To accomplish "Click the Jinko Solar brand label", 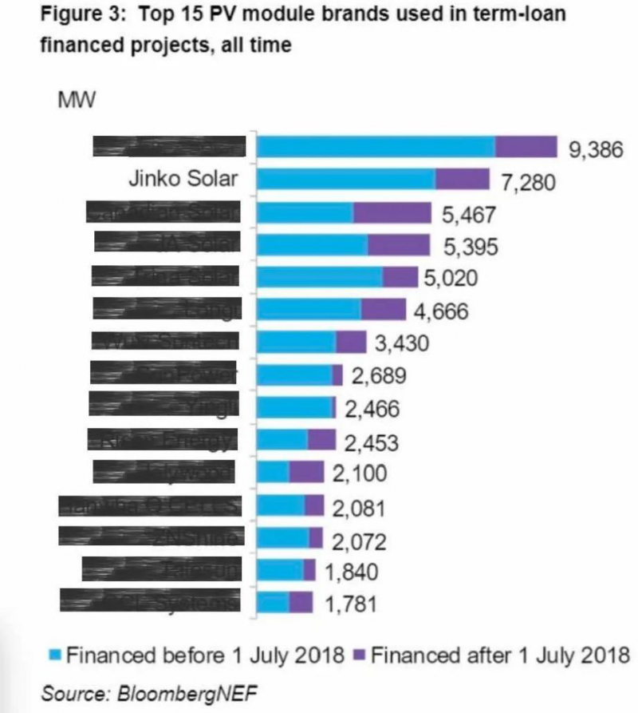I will pos(183,178).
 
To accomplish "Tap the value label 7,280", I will pos(527,181).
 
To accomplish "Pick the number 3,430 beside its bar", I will pos(403,343).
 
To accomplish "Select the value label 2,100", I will pos(360,473).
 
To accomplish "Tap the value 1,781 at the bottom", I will pos(349,603).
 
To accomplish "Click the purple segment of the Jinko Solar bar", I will pos(463,179).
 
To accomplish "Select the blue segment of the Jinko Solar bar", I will pos(346,179).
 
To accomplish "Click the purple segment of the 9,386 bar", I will pos(526,147).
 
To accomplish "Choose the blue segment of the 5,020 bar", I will pos(320,276).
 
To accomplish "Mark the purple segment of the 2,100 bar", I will pos(306,472).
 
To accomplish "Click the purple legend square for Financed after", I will pos(359,655).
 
